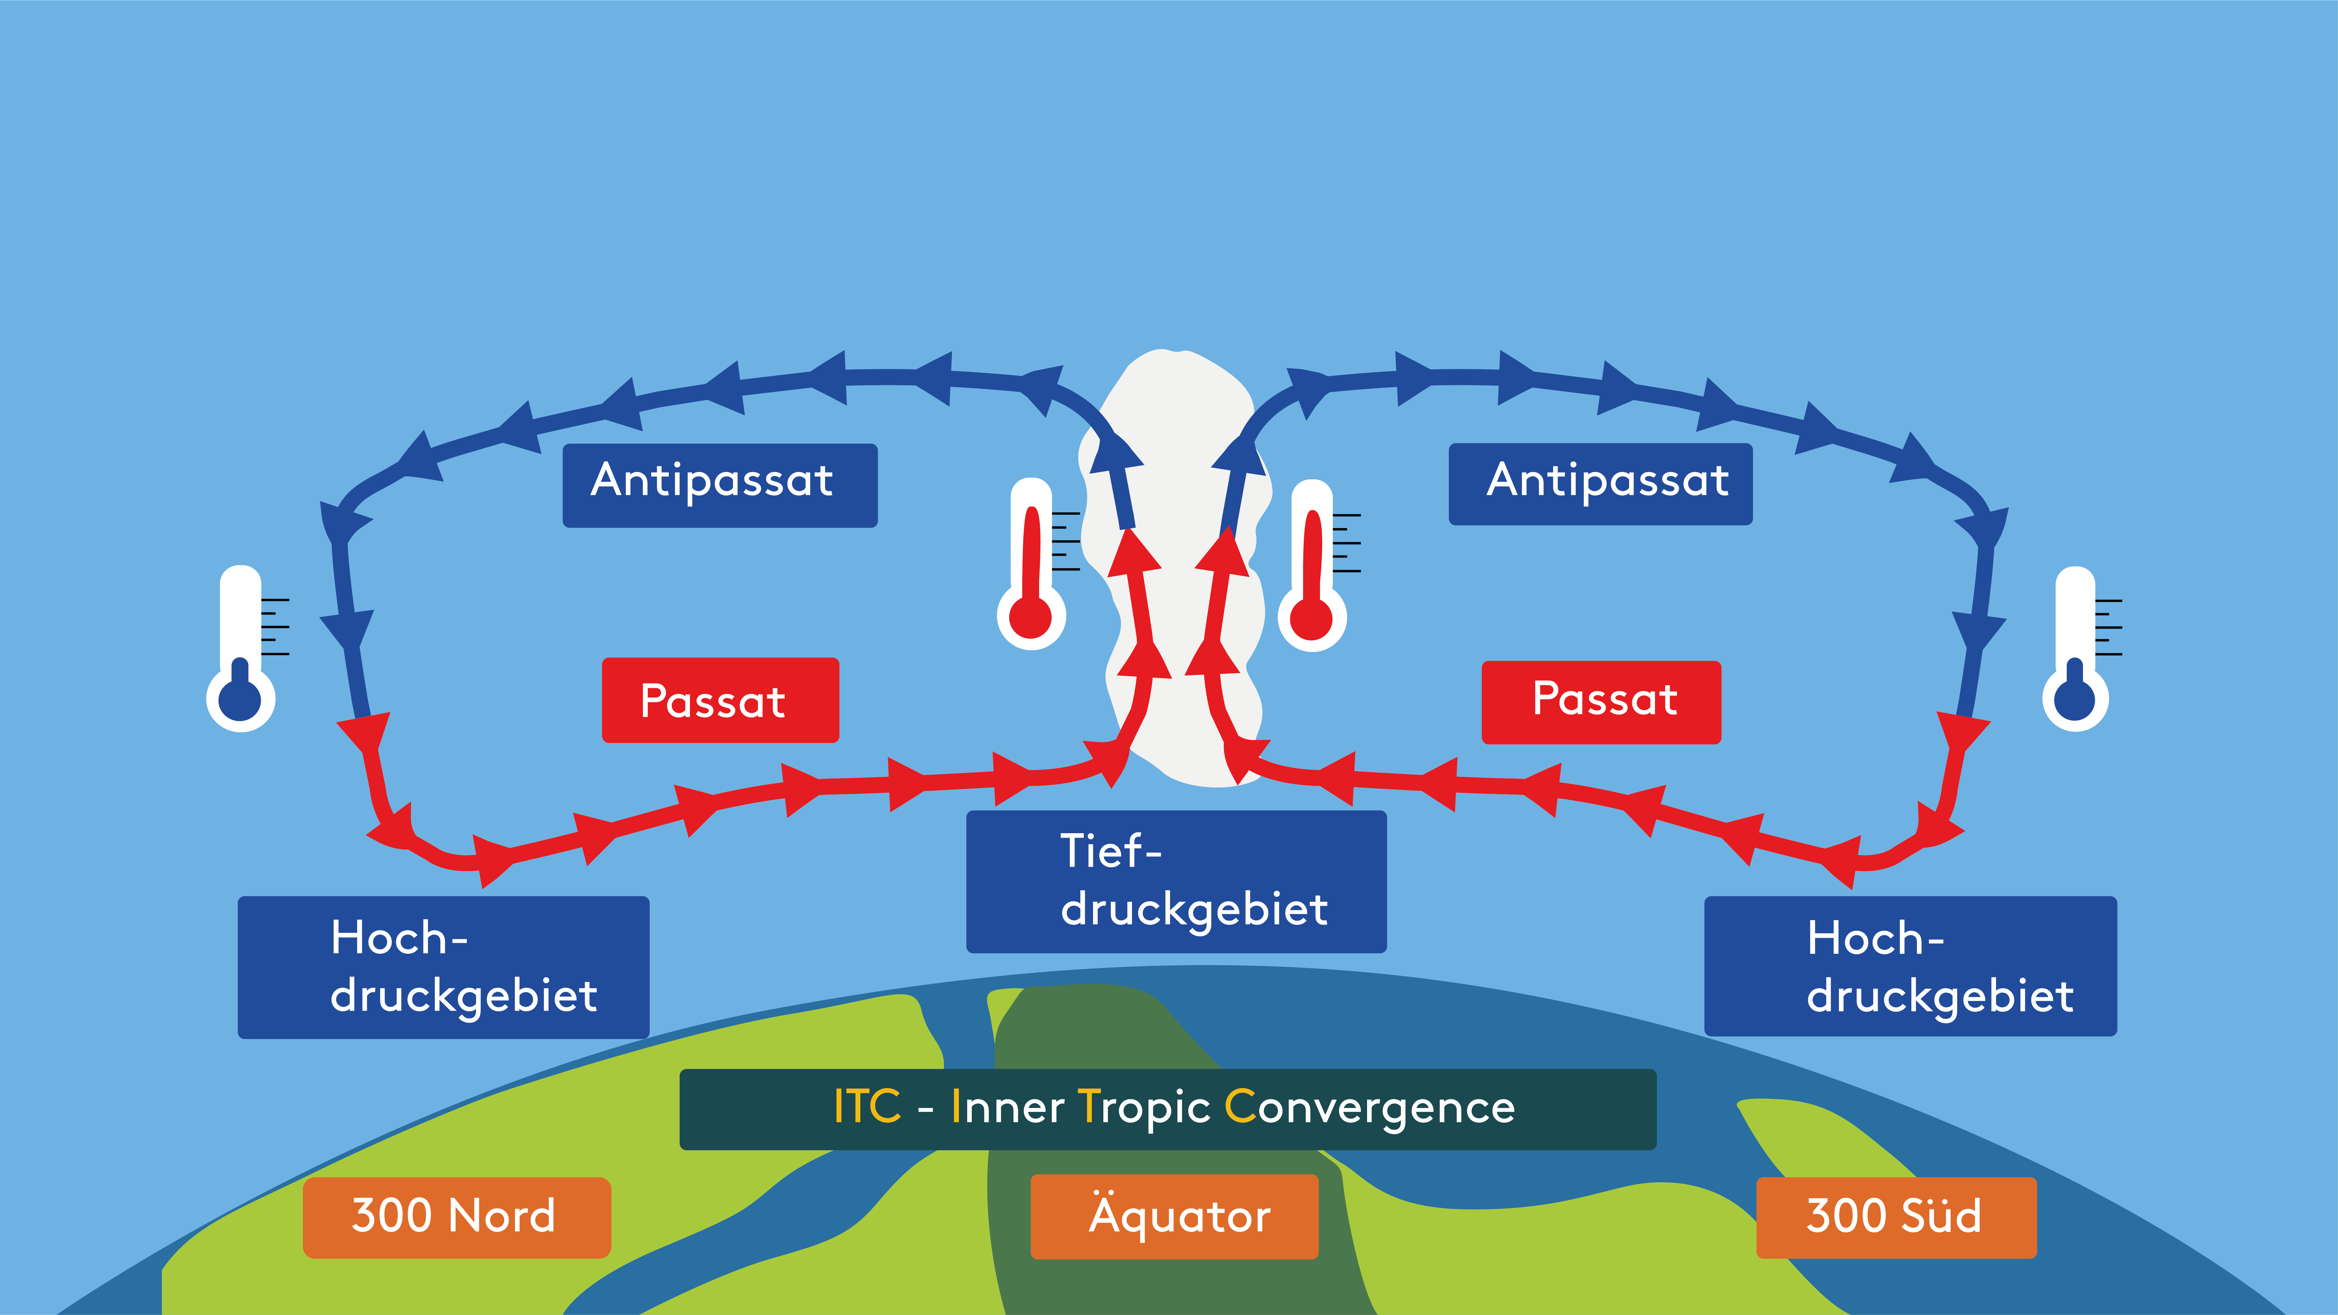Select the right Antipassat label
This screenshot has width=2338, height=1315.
(x=1600, y=484)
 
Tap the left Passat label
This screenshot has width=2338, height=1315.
(x=720, y=700)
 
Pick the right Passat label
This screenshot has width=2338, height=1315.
(x=1601, y=701)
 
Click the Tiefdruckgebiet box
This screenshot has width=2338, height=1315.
(x=1176, y=881)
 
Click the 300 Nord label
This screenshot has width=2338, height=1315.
(x=456, y=1217)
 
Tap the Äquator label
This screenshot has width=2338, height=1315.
(x=1174, y=1216)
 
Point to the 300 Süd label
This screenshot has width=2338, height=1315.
(x=1896, y=1217)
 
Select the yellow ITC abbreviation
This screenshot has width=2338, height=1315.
(x=867, y=1107)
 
